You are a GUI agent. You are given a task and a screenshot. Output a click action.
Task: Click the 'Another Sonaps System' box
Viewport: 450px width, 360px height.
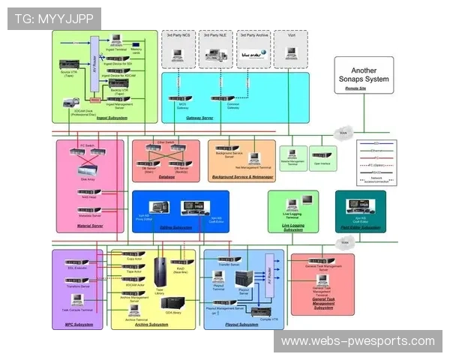pos(365,74)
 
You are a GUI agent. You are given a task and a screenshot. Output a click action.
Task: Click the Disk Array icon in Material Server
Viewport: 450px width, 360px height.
pos(88,170)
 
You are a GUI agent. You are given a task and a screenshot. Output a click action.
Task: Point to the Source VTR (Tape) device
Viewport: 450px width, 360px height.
pos(69,64)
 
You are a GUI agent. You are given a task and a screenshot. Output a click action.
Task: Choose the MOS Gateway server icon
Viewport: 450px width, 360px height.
pos(181,99)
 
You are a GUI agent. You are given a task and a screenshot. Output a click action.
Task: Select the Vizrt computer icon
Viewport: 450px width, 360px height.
pos(290,53)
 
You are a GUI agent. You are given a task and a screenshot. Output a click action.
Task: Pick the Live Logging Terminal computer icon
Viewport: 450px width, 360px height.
pos(306,201)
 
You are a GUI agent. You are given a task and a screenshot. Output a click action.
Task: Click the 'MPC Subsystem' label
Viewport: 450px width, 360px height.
pos(79,324)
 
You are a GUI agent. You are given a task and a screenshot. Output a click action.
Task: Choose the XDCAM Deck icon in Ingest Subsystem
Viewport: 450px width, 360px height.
pos(68,103)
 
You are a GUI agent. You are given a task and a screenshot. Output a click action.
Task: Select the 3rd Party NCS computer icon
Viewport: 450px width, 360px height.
pos(178,53)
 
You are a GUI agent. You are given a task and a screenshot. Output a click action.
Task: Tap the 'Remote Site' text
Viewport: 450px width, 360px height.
pos(355,88)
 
